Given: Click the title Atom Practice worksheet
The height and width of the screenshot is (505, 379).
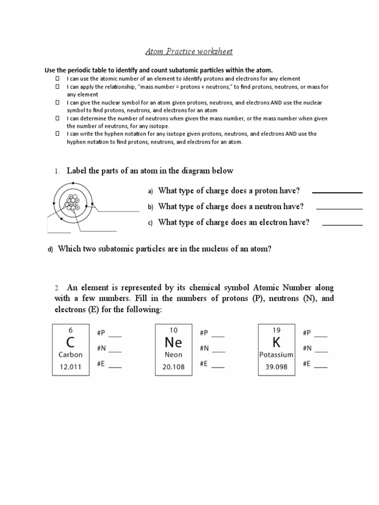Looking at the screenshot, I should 189,51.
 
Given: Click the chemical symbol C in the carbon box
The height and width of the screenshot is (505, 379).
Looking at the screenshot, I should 70,342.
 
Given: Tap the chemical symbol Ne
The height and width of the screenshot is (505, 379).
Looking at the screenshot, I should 173,342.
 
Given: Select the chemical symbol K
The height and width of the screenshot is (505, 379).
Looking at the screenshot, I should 276,342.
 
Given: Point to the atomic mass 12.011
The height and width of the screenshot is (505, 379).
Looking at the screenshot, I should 70,366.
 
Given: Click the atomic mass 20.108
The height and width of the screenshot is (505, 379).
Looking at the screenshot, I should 173,366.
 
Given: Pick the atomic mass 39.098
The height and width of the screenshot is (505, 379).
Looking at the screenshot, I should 276,366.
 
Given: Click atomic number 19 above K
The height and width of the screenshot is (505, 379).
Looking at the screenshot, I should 276,330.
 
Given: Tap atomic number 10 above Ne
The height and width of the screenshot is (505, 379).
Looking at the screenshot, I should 173,330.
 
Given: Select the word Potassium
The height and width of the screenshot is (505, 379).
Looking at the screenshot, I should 276,355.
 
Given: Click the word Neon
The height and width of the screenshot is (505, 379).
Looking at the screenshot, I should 173,355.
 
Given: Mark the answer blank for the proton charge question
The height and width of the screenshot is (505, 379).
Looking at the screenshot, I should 337,192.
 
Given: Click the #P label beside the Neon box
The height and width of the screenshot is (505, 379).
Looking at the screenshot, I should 204,333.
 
